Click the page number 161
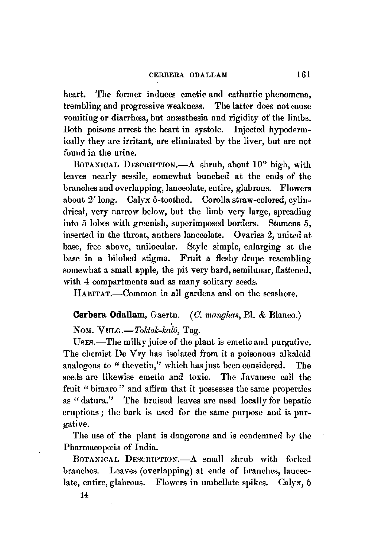click(303, 74)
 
